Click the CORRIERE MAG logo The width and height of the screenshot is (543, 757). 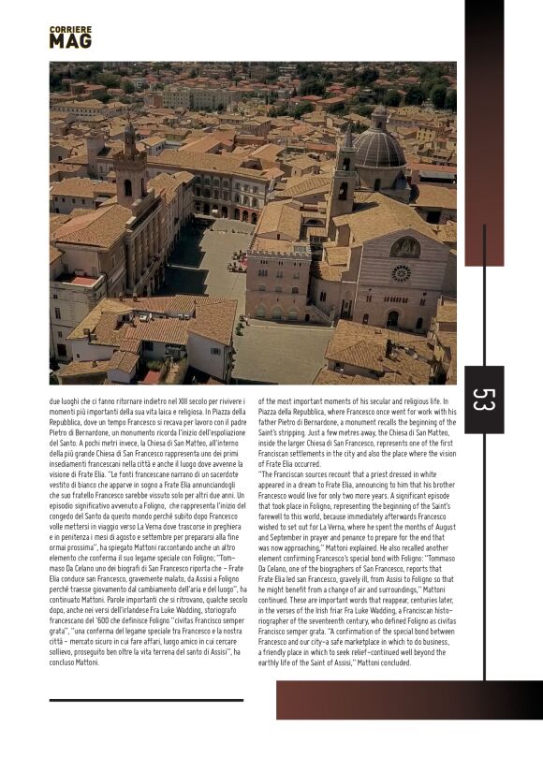pos(70,36)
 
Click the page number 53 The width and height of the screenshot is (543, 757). pos(483,400)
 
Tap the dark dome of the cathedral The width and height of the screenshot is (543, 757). pos(378,148)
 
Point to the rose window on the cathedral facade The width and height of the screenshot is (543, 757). pos(402,273)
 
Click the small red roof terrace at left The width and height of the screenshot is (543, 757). pos(85,279)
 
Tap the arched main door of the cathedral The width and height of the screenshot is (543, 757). pos(392,319)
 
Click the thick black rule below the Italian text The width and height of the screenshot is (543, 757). pos(146,699)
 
